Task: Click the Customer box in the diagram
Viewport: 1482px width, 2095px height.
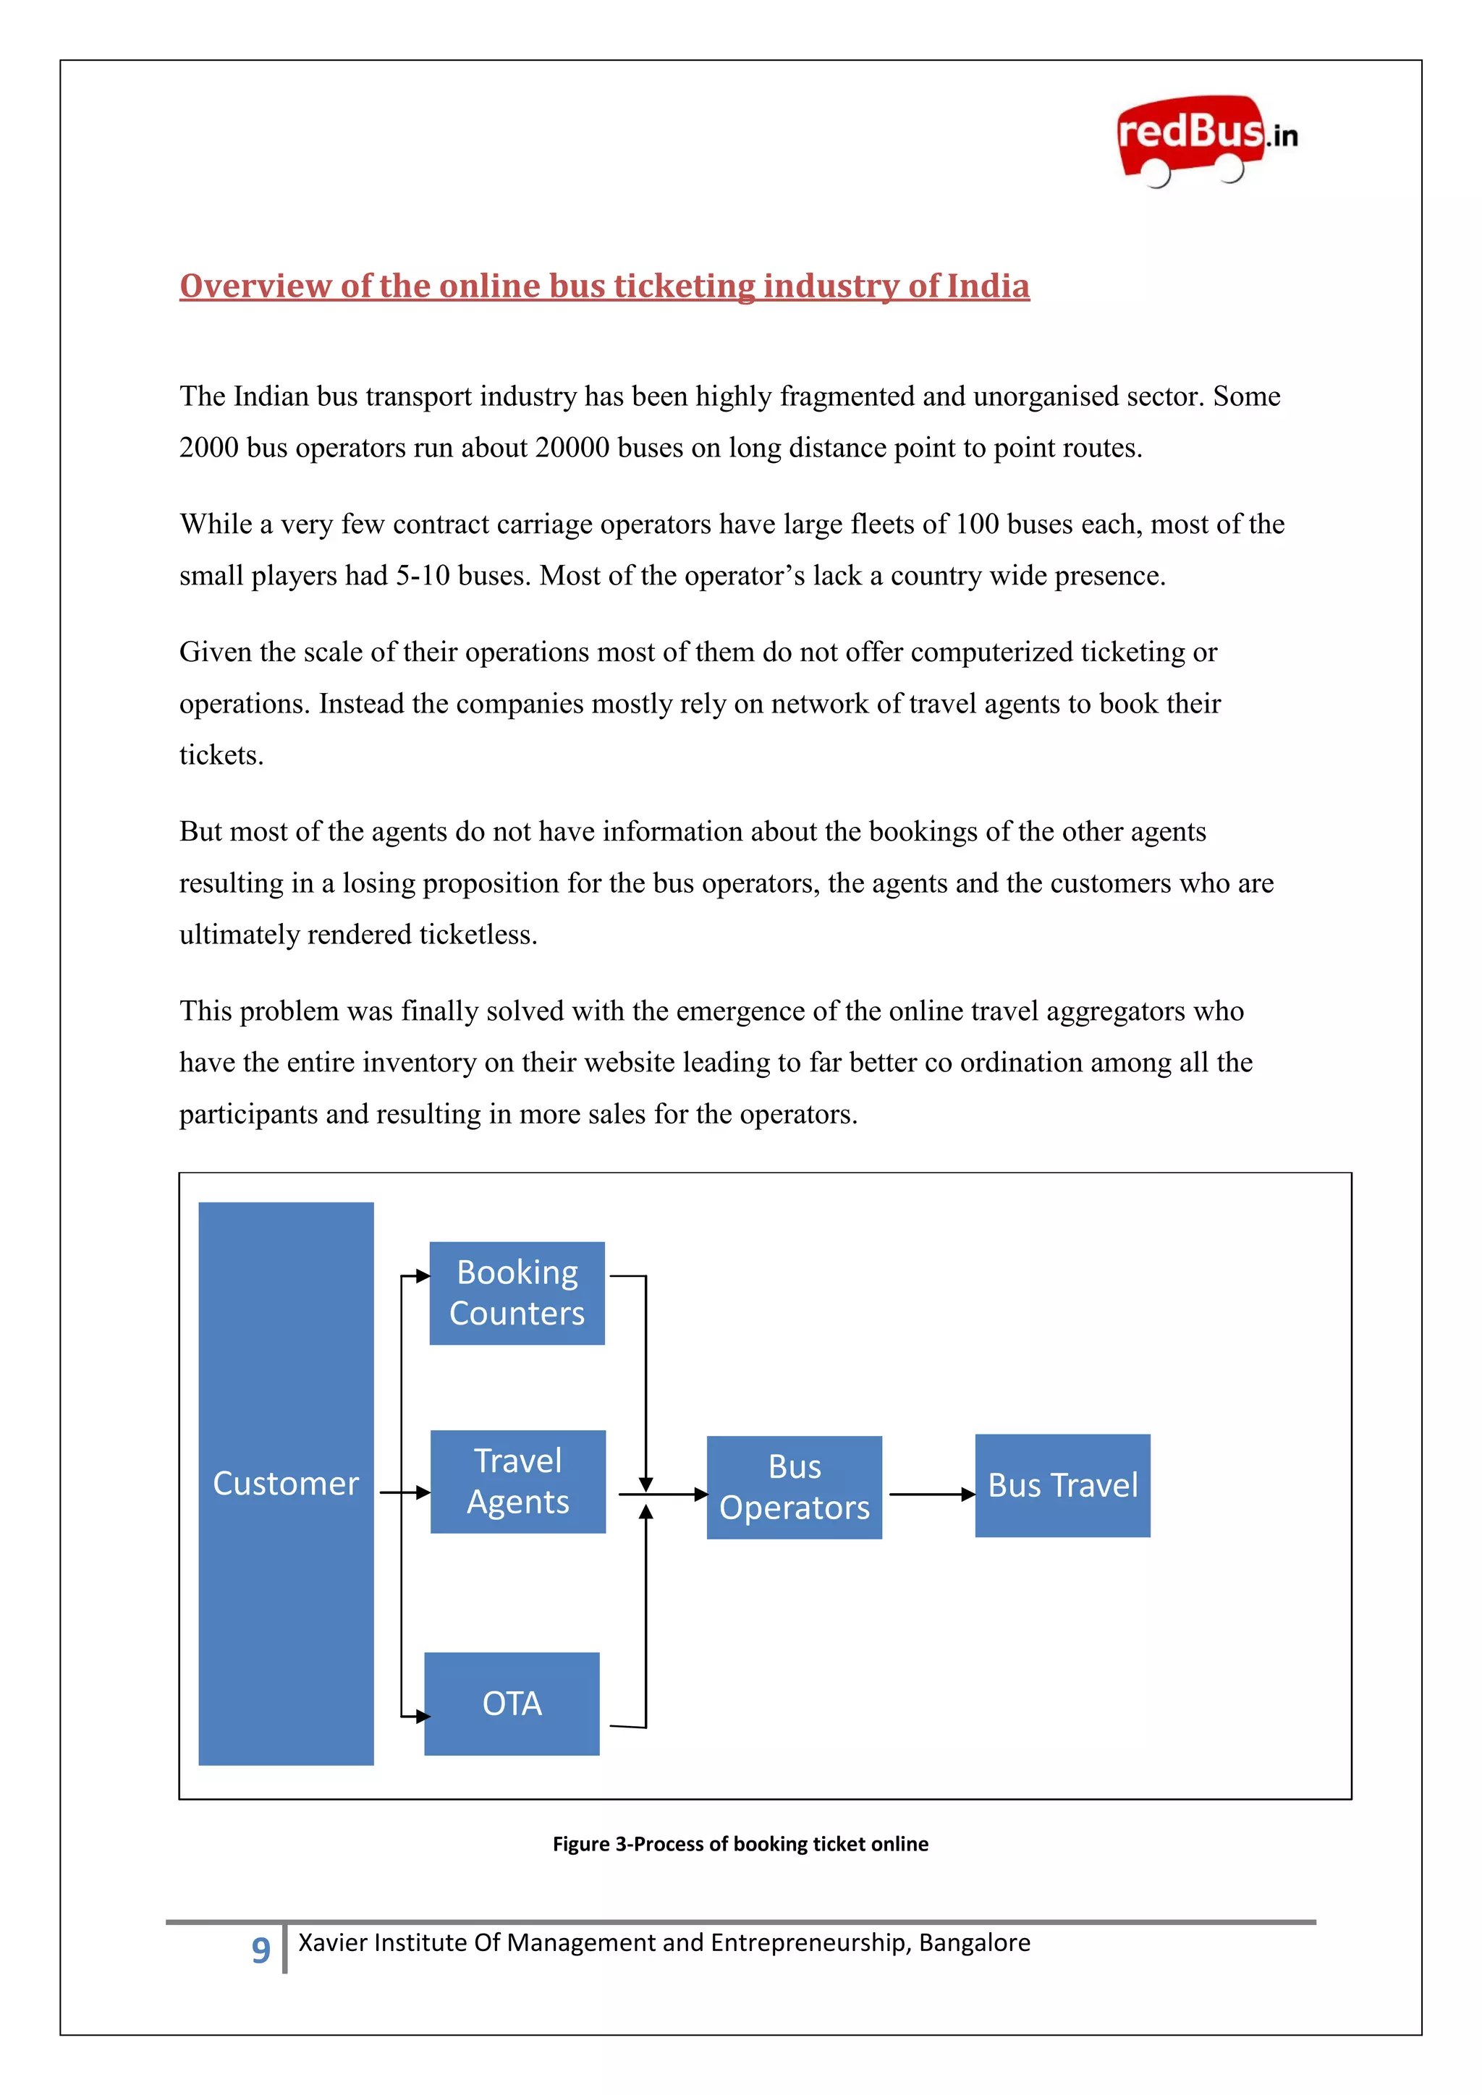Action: pos(286,1483)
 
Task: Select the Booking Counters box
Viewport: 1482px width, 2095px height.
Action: pos(517,1292)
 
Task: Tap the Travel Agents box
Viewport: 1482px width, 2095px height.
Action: pos(517,1481)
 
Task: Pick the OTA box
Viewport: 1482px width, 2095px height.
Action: pos(512,1703)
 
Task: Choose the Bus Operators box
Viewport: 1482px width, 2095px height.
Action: pos(794,1487)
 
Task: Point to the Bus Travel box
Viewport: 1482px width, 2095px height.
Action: pos(1062,1484)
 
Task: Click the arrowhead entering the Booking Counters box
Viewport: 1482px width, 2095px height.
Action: pos(422,1275)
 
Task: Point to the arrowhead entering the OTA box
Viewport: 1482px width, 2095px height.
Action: pos(422,1717)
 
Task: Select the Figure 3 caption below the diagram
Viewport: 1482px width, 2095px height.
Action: pos(740,1843)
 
